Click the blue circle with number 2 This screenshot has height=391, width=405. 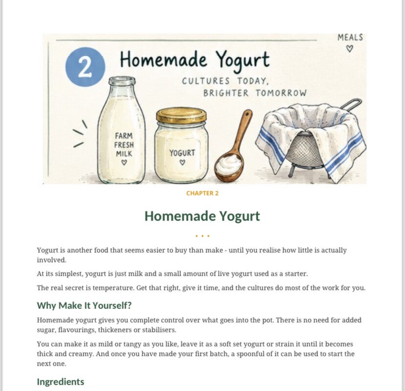click(85, 66)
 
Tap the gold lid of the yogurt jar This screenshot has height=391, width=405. click(181, 115)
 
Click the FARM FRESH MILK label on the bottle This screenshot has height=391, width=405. click(124, 145)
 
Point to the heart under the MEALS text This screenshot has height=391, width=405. click(349, 48)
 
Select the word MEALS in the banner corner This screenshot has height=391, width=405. click(350, 38)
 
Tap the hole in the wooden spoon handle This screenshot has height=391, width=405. click(247, 113)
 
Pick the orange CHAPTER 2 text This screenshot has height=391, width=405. click(202, 194)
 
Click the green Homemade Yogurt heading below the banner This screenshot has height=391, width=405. click(202, 216)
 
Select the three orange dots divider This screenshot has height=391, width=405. click(202, 236)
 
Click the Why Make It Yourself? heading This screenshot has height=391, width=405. click(84, 305)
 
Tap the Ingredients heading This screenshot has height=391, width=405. click(61, 382)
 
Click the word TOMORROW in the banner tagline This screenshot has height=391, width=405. click(281, 93)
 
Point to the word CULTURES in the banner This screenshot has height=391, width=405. click(205, 81)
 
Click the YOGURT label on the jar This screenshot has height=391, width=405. click(182, 153)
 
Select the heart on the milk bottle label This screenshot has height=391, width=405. click(124, 163)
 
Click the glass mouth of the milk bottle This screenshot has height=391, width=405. click(122, 81)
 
